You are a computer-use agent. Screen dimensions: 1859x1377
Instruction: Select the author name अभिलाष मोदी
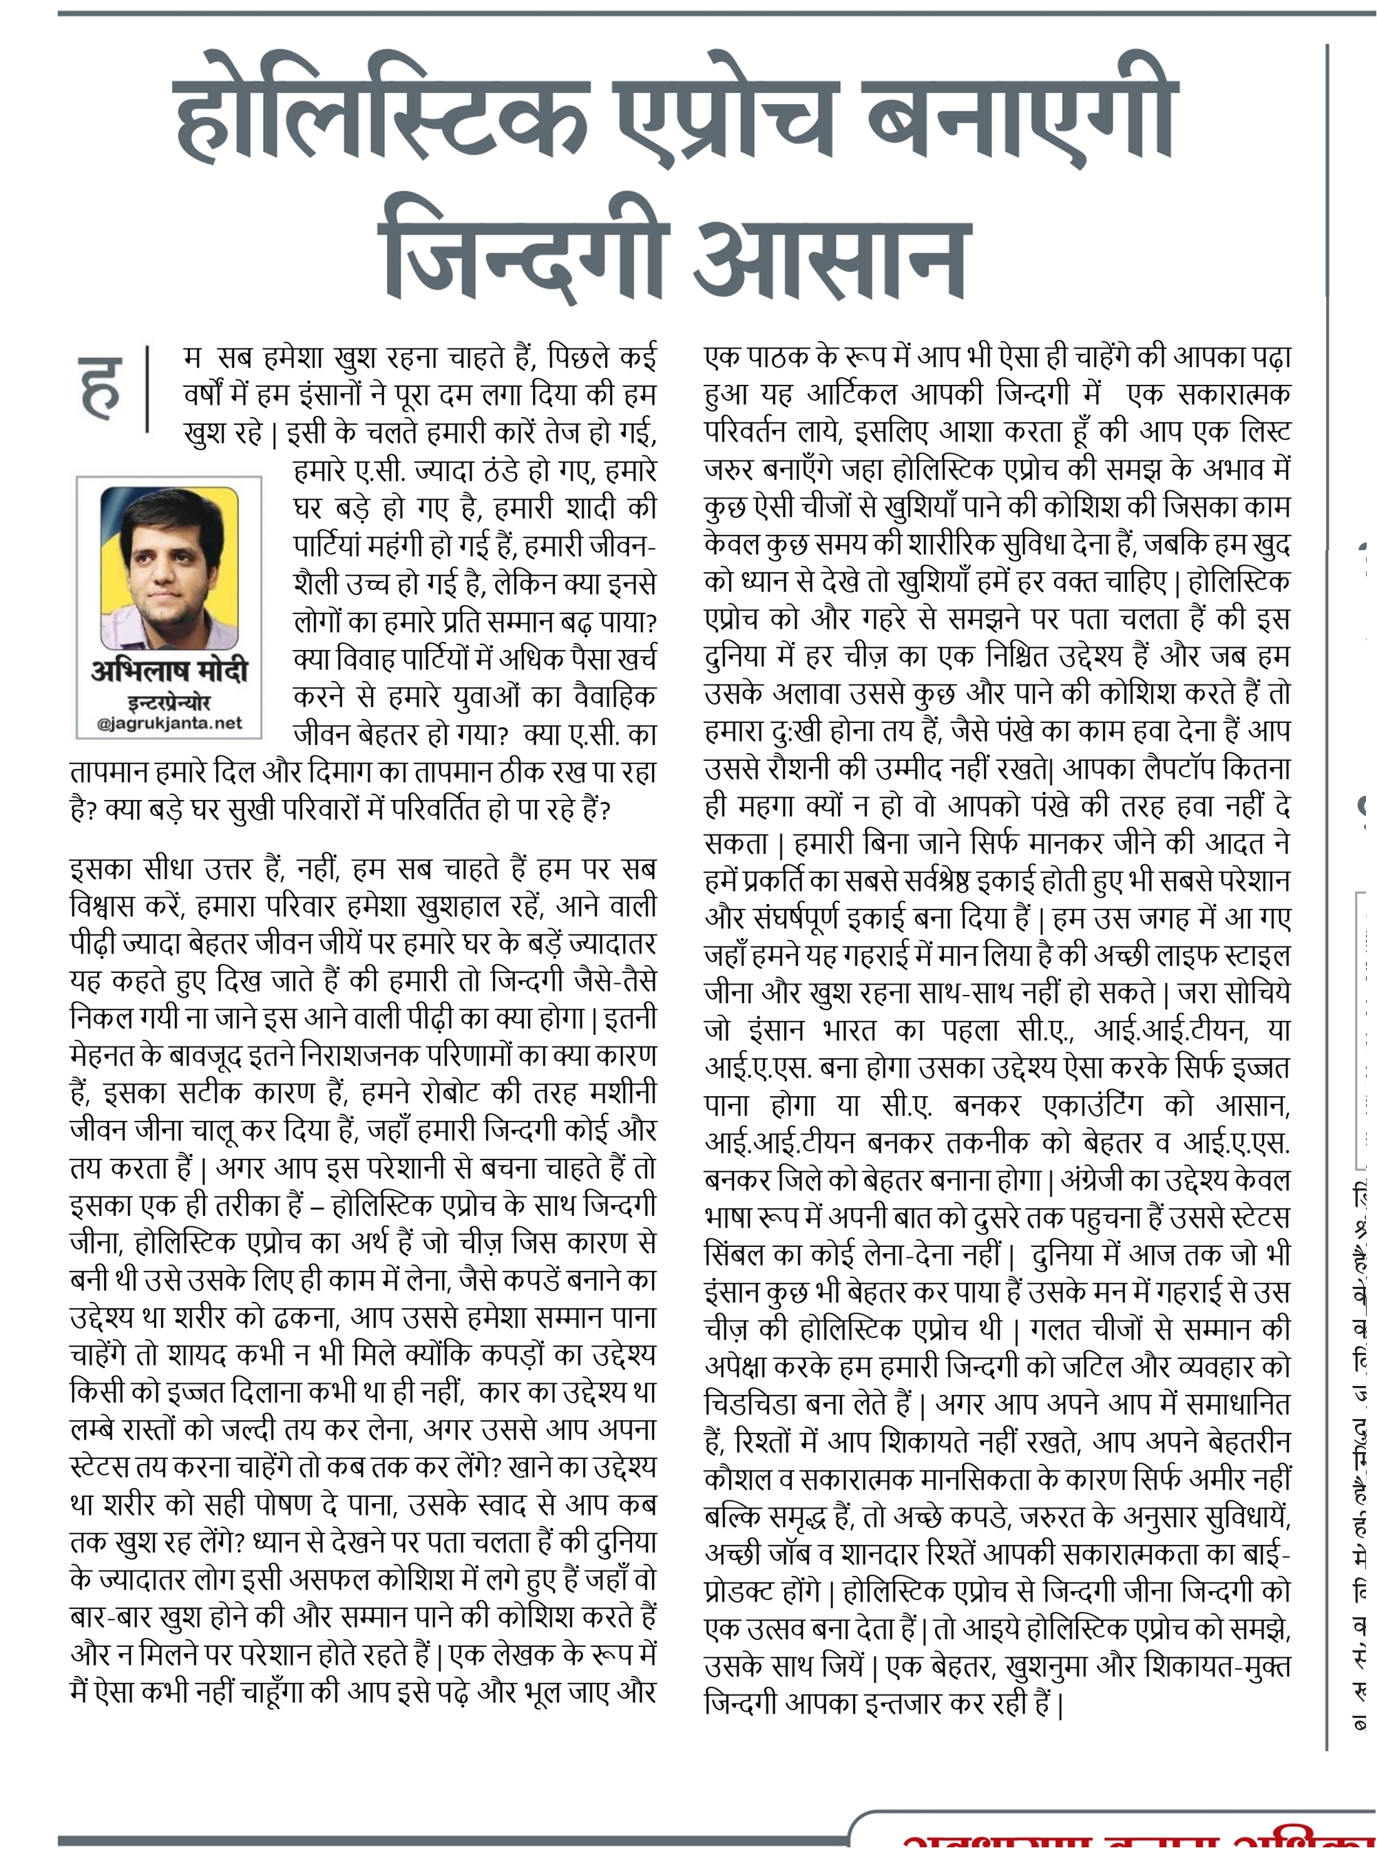[169, 671]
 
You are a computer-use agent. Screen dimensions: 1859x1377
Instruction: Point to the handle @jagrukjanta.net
[169, 723]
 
